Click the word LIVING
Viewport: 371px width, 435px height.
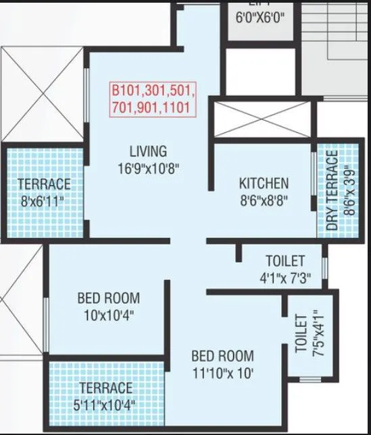click(x=149, y=151)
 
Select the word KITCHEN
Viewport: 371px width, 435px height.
click(x=264, y=183)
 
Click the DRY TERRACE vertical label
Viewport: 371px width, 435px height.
click(x=332, y=191)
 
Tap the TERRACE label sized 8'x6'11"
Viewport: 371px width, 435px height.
click(x=44, y=183)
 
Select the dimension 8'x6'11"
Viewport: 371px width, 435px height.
click(x=44, y=200)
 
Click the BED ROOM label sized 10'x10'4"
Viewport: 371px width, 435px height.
click(x=108, y=297)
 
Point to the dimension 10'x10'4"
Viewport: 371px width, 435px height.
click(x=108, y=314)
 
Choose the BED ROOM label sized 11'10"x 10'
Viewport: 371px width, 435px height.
click(x=222, y=355)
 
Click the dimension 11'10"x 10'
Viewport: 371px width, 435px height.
click(x=222, y=372)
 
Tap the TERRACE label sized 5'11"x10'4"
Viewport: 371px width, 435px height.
click(x=106, y=388)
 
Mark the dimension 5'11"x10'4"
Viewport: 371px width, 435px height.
click(x=106, y=405)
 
